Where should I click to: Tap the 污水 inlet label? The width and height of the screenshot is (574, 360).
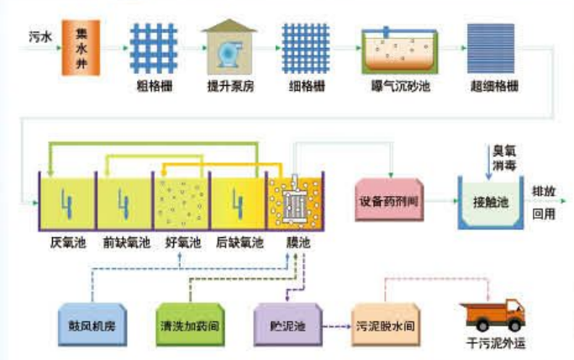[40, 37]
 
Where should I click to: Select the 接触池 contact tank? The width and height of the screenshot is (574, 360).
[490, 203]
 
